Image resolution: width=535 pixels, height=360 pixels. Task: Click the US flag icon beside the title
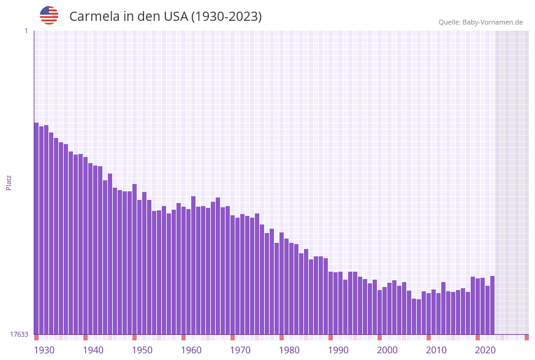tap(49, 15)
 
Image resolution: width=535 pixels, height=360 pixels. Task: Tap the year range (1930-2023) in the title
tap(226, 17)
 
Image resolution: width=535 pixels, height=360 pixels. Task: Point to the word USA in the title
tap(176, 17)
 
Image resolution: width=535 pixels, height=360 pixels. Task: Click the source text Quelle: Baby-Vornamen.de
tap(480, 22)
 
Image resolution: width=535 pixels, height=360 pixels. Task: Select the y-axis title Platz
tap(9, 182)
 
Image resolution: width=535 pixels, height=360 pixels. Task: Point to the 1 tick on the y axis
tap(26, 31)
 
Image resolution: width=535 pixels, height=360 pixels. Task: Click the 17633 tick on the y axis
tap(19, 334)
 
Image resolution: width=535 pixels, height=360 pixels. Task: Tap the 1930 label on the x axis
tap(44, 350)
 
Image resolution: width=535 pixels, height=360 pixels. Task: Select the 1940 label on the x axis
tap(93, 350)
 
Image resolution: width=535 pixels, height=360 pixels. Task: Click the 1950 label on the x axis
tap(142, 350)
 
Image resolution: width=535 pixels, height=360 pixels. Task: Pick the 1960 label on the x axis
tap(191, 350)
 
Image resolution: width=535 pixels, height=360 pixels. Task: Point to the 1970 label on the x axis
tap(240, 350)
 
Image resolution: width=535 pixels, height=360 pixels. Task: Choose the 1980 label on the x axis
tap(289, 350)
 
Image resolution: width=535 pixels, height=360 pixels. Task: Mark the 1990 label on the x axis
tap(338, 350)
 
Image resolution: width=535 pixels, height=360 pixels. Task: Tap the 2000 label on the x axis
tap(387, 350)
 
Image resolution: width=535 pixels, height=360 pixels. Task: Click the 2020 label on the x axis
tap(485, 350)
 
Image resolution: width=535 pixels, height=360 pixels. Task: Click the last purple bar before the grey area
tap(492, 305)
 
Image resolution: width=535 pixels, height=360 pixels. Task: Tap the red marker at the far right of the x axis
tap(526, 337)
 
